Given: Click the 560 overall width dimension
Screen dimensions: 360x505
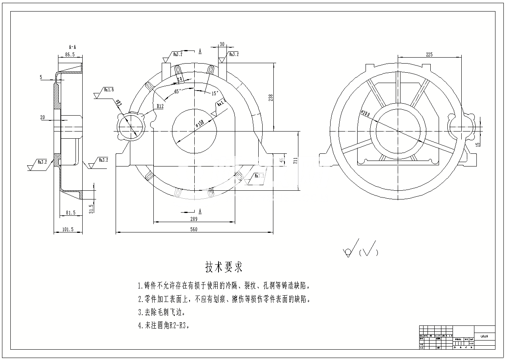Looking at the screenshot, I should [194, 229].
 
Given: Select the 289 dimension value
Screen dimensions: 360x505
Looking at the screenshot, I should [193, 219].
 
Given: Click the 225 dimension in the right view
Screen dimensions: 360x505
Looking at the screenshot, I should [429, 54].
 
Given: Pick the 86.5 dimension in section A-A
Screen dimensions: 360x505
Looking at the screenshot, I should [70, 54].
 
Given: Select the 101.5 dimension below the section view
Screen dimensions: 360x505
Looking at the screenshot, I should [68, 229].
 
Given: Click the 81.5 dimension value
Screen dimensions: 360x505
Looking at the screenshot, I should [70, 213].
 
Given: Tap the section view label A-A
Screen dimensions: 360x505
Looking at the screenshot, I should [72, 47].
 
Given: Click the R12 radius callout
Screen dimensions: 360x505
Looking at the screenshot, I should [161, 106].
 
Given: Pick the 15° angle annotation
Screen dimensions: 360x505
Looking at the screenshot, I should [215, 93].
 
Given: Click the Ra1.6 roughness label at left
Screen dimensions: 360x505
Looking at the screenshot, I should [109, 90].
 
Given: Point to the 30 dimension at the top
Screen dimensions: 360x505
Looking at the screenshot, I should [222, 44].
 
